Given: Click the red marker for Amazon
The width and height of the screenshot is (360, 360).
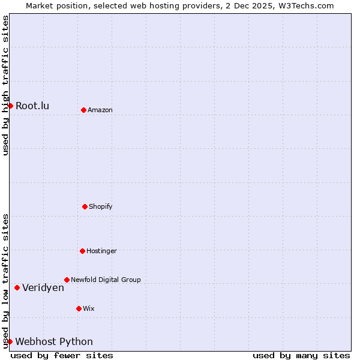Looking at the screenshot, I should pos(83,110).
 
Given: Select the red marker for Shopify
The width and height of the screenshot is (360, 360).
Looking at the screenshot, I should pos(85,206).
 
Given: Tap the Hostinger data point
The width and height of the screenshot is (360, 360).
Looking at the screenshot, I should pos(82,251).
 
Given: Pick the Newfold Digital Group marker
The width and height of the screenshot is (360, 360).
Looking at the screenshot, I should pos(67,280).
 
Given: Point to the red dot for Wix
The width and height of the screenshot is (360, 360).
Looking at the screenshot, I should pos(79,308).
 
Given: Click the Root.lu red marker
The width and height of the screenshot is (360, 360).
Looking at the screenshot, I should pos(10,106).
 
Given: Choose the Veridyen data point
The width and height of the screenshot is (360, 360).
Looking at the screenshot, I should pos(17,287).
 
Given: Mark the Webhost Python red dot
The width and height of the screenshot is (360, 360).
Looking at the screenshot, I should pos(10,341).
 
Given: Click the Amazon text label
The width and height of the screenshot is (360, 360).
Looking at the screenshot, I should pos(100,110).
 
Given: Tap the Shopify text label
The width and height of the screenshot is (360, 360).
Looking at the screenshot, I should pos(101,207).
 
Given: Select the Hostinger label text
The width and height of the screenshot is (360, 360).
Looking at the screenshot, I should pos(101,251).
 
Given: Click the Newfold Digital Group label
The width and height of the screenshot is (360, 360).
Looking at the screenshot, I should pos(106,280).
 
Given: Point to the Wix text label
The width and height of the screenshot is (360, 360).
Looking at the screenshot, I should pos(89,309).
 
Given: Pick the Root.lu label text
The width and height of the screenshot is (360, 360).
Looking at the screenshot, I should pos(32,106).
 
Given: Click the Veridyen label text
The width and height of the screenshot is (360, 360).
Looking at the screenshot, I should pos(43,288).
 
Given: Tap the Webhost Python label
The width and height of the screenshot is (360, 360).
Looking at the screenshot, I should pos(54,342).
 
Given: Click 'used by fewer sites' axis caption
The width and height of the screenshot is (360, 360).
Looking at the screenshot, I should pos(62,355).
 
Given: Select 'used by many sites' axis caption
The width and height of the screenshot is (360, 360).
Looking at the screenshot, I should pos(301,355).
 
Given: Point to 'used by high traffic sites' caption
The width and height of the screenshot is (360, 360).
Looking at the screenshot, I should pos(6,85).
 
